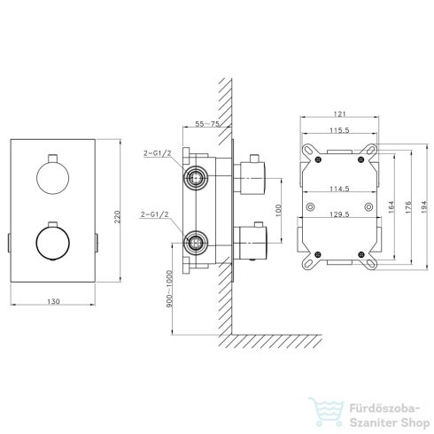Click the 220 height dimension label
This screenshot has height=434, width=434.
[x=117, y=217]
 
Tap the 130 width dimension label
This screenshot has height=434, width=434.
[x=53, y=301]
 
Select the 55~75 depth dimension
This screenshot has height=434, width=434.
[x=207, y=123]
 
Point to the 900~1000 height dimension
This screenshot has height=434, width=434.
[x=169, y=289]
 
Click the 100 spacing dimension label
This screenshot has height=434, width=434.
[x=278, y=210]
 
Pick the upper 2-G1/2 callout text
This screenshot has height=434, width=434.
[x=158, y=153]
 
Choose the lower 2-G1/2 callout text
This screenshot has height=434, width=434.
[x=154, y=214]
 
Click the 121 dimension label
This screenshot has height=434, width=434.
[x=340, y=113]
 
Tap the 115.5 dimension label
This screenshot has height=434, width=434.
[x=339, y=130]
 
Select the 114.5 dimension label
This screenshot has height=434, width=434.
[x=339, y=189]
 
